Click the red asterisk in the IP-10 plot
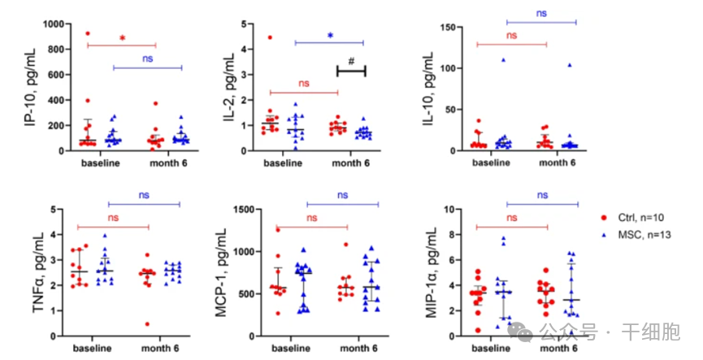point(122,39)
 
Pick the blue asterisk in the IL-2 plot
point(331,37)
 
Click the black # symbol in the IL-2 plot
point(351,62)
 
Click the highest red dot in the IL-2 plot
point(270,37)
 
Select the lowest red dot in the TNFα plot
point(147,324)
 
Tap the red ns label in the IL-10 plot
point(511,36)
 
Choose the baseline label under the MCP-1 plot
point(291,346)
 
